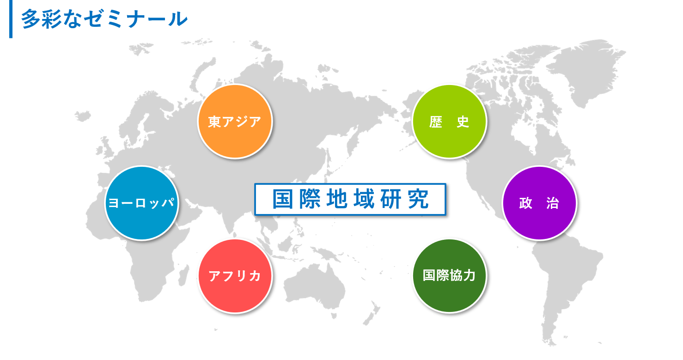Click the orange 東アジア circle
[235, 122]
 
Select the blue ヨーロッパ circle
[142, 203]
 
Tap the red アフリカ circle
[235, 276]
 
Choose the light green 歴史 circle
[449, 122]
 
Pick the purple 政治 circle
[539, 203]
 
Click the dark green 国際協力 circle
[449, 276]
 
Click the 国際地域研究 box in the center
[350, 199]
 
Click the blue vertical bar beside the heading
[11, 19]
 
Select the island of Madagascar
[184, 275]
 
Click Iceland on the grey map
[83, 116]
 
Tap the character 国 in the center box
[283, 199]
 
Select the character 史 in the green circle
[463, 122]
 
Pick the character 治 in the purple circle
[553, 203]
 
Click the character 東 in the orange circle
[215, 122]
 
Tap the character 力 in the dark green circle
[470, 275]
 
